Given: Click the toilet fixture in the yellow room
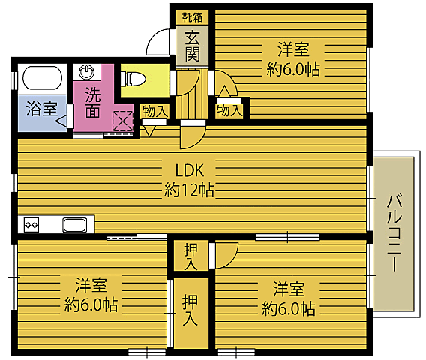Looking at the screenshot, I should pyautogui.click(x=135, y=76).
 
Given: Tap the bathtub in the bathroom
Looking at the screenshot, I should pyautogui.click(x=43, y=78).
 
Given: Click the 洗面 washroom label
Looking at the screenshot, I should pyautogui.click(x=92, y=103).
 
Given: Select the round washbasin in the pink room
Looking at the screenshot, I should pyautogui.click(x=89, y=73).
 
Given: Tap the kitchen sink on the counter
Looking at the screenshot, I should pyautogui.click(x=76, y=224).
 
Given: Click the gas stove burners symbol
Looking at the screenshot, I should pyautogui.click(x=31, y=224).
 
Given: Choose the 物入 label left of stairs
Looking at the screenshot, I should pyautogui.click(x=154, y=111).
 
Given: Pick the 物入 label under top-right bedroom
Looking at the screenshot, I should pyautogui.click(x=230, y=109).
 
